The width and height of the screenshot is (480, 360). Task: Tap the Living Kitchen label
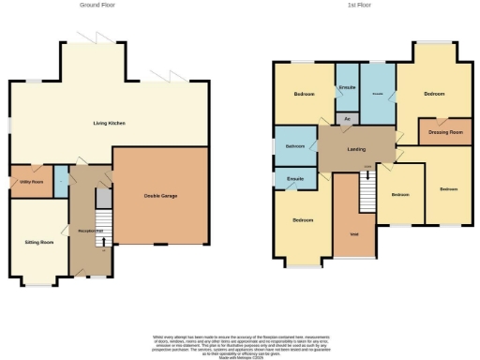(x=109, y=123)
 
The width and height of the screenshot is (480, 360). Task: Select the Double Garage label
(x=160, y=195)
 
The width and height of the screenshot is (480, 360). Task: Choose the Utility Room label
(x=30, y=182)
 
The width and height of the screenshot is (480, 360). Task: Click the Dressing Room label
(x=445, y=132)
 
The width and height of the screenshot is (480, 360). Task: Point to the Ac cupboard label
(x=347, y=119)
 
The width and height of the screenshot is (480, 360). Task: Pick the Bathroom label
(x=295, y=145)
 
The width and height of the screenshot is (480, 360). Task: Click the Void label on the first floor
(x=354, y=233)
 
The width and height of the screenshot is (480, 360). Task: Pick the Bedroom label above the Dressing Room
(x=432, y=95)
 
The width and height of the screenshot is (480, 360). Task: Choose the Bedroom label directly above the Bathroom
(x=304, y=95)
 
